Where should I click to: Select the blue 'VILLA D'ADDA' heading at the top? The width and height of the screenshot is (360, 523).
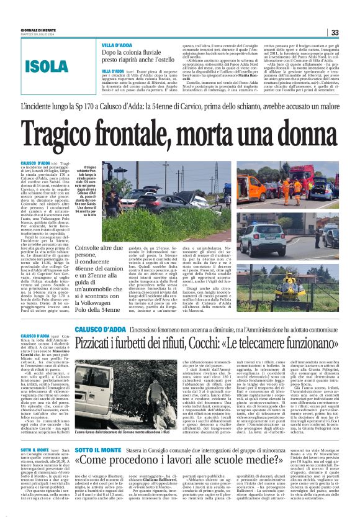pyautogui.click(x=116, y=47)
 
